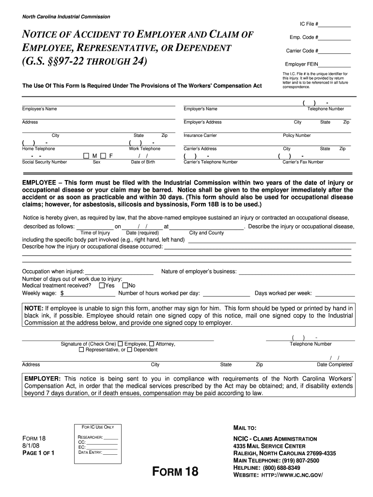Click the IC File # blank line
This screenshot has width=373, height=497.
(335, 25)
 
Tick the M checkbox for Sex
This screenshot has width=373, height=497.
(86, 156)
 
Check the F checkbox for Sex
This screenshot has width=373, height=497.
(103, 156)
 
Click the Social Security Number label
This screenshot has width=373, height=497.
(45, 162)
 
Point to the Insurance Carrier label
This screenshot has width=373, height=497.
(200, 135)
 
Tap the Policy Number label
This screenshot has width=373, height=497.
(296, 135)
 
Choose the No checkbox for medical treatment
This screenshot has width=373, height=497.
(125, 285)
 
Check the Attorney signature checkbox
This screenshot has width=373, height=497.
(152, 344)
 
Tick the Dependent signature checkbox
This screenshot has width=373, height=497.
(129, 349)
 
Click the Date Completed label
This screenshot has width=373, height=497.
(334, 364)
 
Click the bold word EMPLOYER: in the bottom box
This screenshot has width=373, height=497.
(42, 379)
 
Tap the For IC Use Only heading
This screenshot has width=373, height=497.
(98, 427)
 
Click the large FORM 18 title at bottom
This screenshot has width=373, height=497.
(175, 471)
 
